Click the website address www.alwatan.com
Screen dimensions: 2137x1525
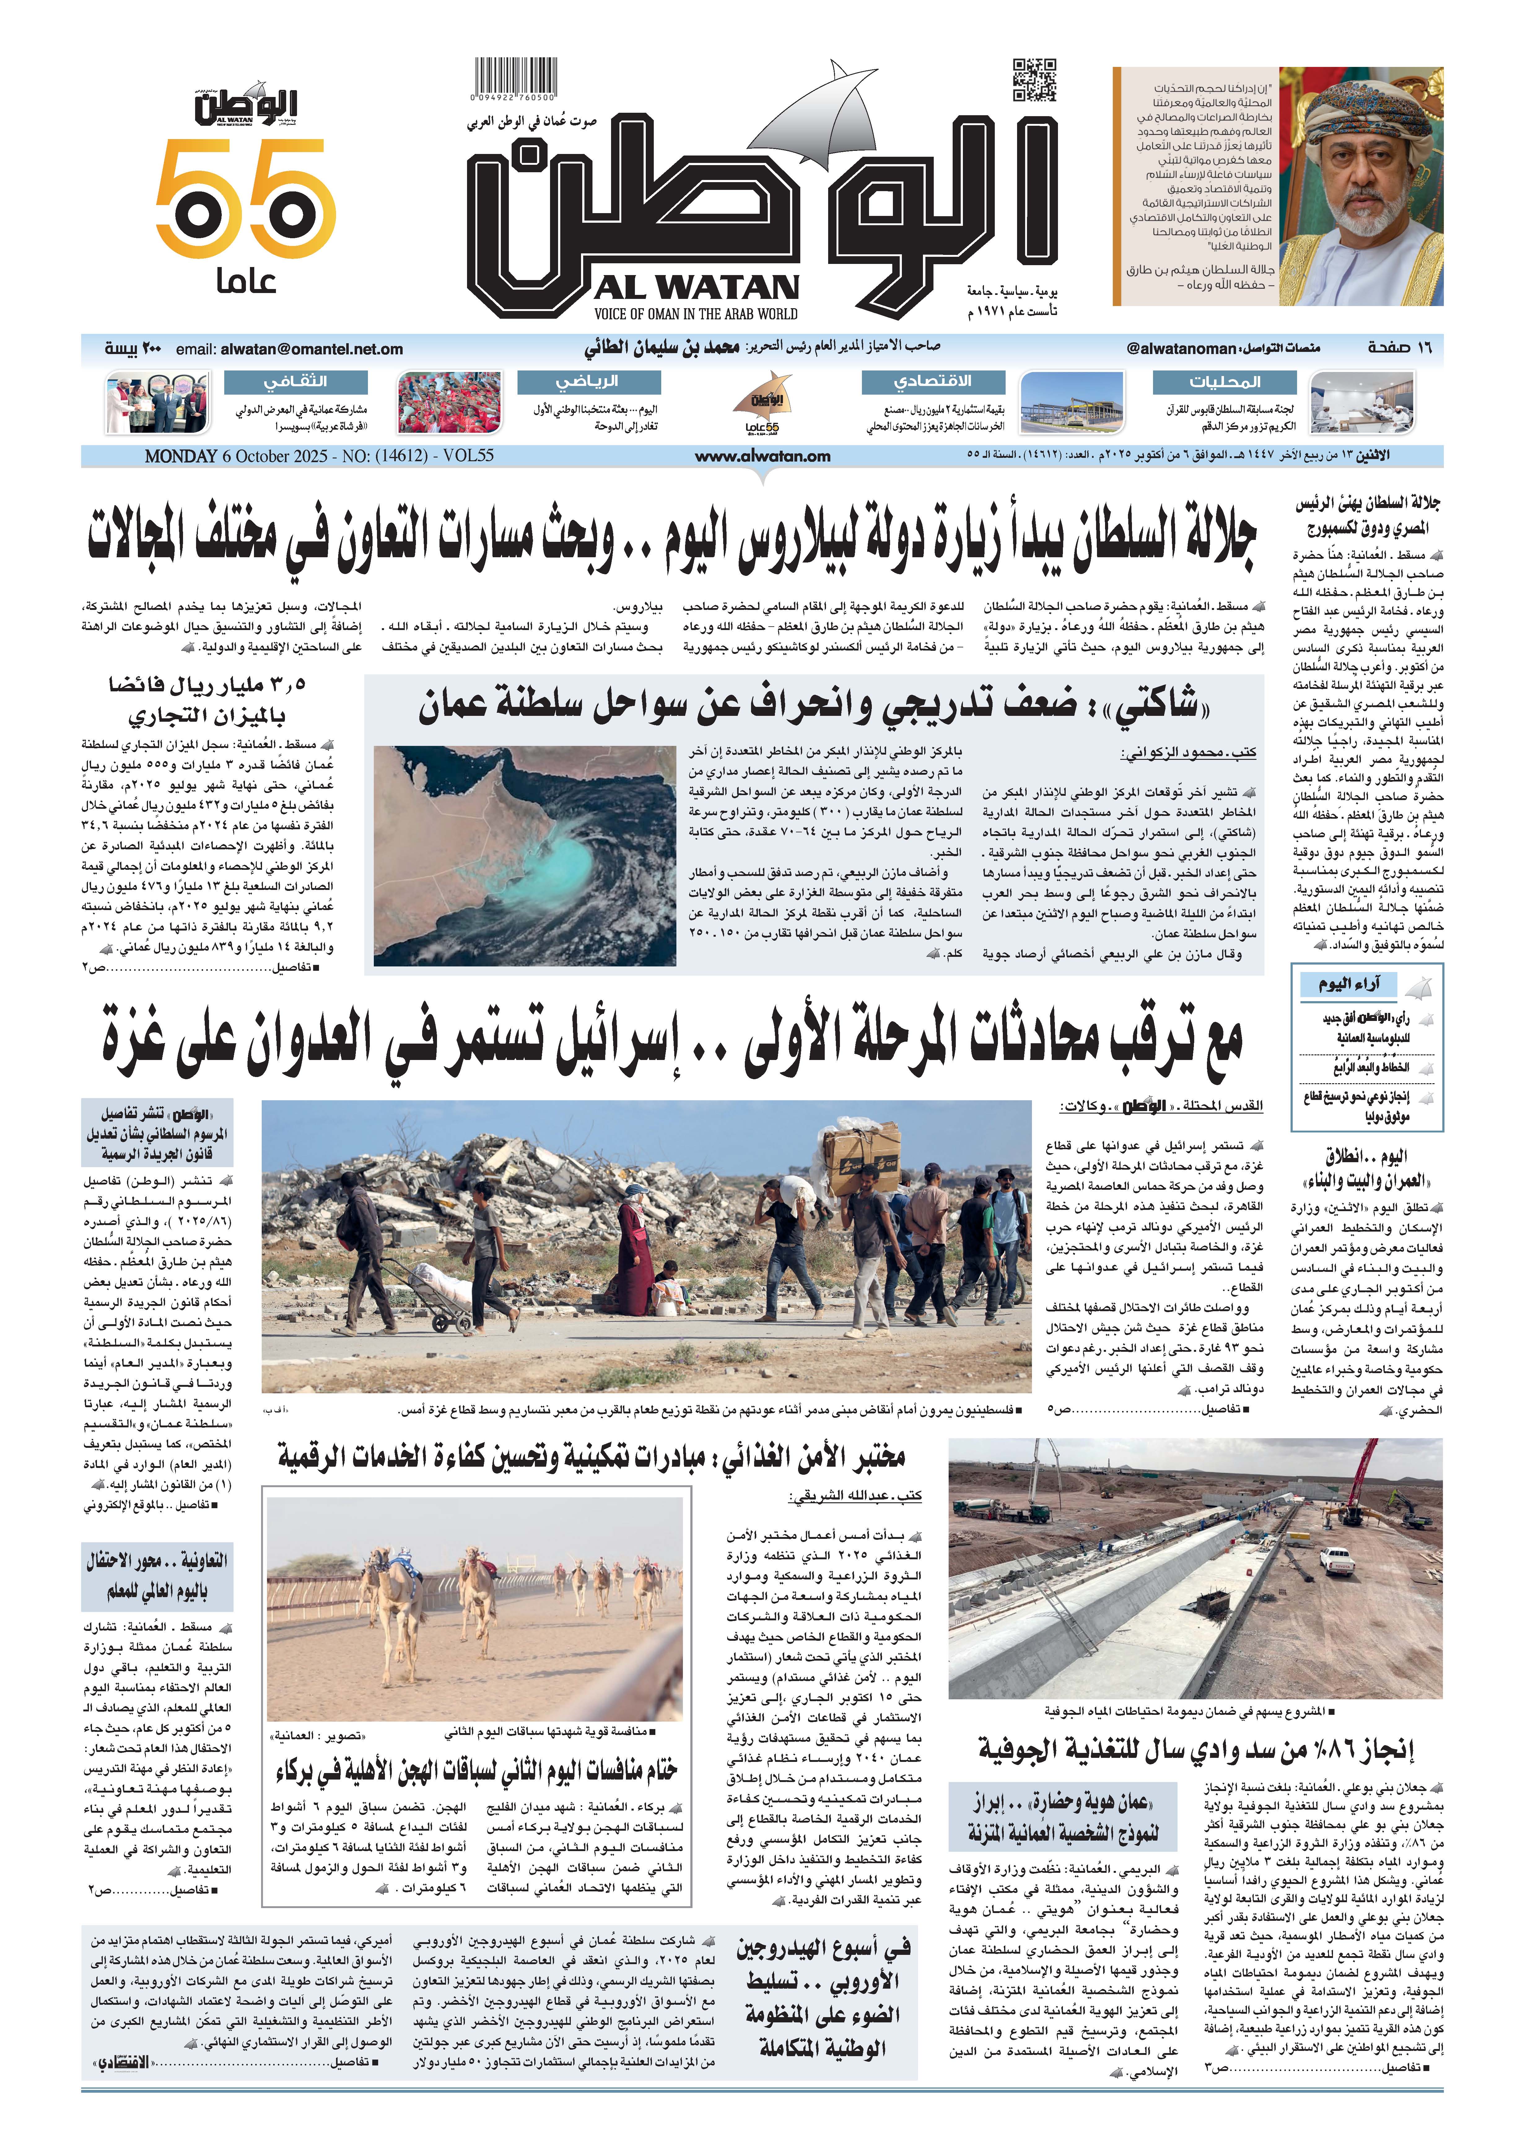pyautogui.click(x=762, y=456)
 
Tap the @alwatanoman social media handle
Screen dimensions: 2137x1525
pyautogui.click(x=1181, y=348)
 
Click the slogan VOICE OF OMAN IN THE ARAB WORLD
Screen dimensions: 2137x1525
pyautogui.click(x=696, y=313)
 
